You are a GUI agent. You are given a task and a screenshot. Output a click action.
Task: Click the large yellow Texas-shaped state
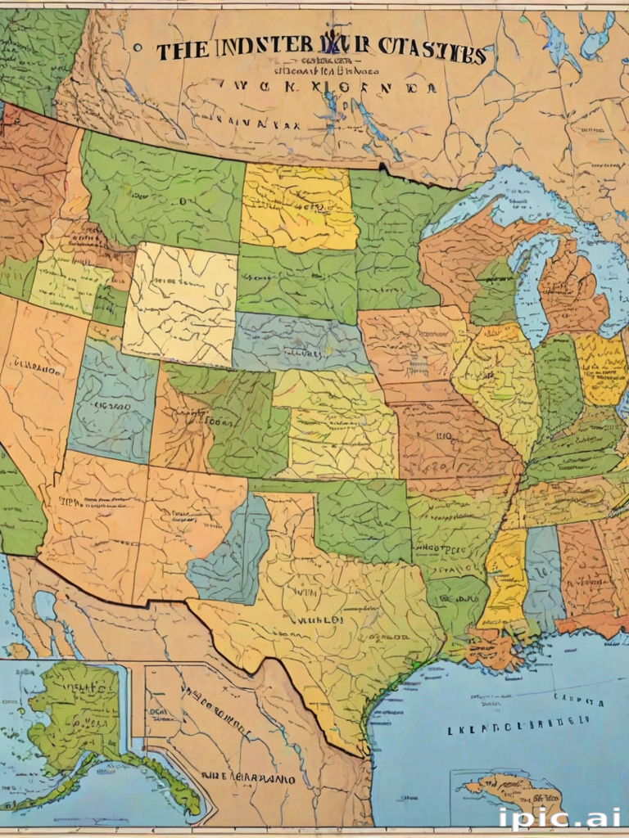coord(328,622)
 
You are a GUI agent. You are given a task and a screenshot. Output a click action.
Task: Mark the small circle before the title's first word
coord(138,48)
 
